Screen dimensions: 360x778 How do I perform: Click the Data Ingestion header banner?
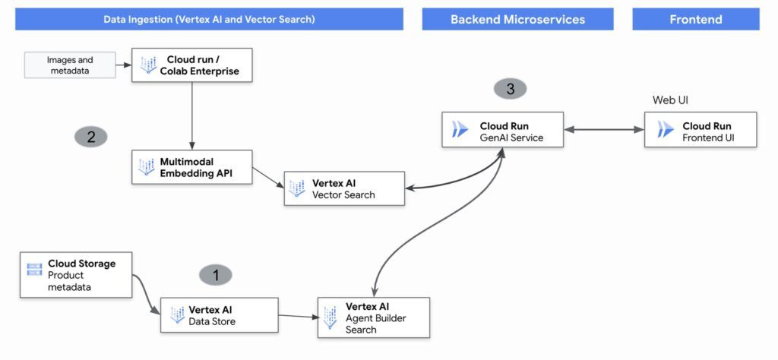point(209,19)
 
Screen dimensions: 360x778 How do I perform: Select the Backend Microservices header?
point(517,19)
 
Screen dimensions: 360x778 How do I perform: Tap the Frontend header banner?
point(695,19)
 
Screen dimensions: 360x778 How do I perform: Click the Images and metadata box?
point(70,65)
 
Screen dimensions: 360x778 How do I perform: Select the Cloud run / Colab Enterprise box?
point(191,65)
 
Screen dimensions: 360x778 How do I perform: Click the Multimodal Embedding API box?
point(191,167)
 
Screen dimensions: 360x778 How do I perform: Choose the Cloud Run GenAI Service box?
point(503,131)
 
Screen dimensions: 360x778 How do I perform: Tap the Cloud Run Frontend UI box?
point(701,131)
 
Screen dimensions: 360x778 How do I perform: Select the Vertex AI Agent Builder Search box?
point(374,317)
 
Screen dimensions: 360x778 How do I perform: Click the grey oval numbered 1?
point(216,276)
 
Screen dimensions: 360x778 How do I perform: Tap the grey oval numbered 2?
point(91,137)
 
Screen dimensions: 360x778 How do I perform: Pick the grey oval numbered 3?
point(510,89)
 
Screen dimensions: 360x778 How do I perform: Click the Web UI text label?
point(670,100)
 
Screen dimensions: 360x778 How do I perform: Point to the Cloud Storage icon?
point(34,269)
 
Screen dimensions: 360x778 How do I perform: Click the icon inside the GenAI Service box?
point(460,131)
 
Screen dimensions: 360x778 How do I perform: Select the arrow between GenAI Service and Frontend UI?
point(604,130)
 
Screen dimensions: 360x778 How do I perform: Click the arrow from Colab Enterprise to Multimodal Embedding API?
point(191,114)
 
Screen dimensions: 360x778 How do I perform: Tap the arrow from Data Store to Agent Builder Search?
point(297,317)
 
